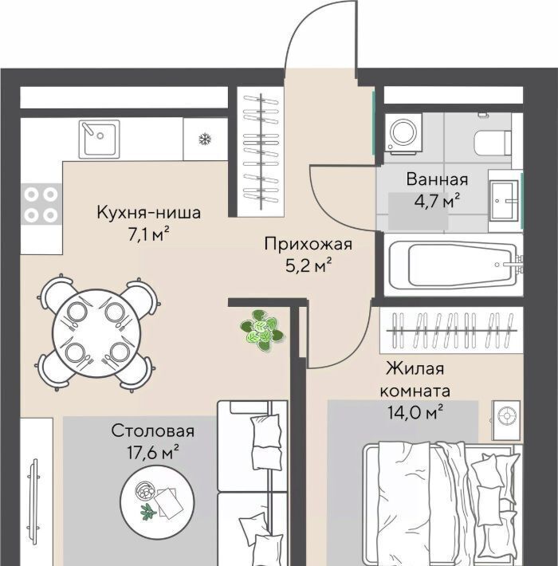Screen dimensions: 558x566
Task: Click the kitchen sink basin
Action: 100,139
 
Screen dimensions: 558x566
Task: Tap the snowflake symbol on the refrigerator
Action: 205,139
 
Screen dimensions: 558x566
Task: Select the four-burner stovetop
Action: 41,205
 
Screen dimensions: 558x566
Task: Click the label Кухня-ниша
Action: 148,212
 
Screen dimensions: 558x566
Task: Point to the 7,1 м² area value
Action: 149,235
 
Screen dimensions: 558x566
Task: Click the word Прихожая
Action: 308,245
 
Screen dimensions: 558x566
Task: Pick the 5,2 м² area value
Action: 308,266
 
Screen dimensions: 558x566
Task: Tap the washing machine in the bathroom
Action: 403,132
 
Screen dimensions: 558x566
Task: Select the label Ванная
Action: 437,179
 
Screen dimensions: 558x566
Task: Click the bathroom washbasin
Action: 505,200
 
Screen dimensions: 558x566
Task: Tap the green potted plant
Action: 261,330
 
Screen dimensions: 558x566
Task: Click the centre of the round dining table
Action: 96,332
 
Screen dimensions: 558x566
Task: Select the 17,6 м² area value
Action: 153,452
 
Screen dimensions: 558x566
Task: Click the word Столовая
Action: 153,431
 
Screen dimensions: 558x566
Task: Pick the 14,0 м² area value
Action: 415,412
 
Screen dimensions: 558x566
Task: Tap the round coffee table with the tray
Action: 157,502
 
